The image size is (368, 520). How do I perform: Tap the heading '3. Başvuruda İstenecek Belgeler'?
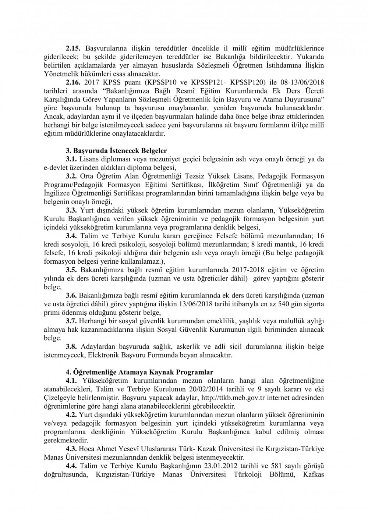[116, 150]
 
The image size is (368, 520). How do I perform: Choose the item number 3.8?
[72, 346]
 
